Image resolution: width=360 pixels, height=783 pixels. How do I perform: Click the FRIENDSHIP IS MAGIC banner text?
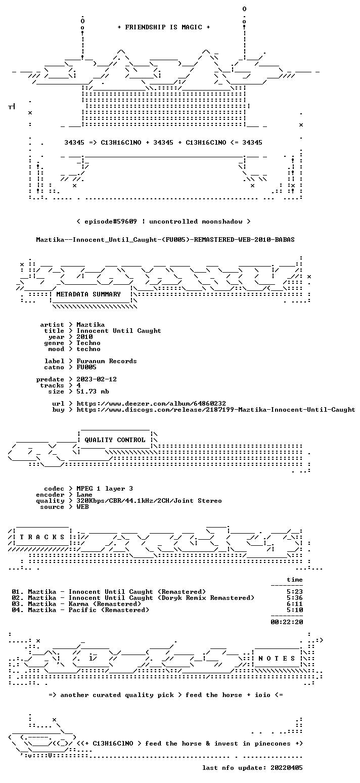click(x=164, y=27)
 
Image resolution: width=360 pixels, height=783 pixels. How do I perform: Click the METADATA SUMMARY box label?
click(x=88, y=294)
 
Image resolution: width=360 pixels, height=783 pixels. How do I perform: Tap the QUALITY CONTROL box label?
click(x=115, y=440)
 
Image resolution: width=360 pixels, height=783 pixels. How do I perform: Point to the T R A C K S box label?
click(x=42, y=537)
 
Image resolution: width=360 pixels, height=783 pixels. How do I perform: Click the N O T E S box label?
click(x=277, y=659)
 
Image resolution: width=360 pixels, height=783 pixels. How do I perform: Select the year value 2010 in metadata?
click(x=84, y=337)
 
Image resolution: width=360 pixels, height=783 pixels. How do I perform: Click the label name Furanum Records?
click(x=107, y=361)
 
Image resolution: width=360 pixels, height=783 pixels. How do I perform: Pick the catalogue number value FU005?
click(x=86, y=367)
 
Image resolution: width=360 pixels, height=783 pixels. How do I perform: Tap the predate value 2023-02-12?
click(x=97, y=379)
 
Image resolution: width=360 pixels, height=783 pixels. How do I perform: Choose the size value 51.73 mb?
click(x=93, y=391)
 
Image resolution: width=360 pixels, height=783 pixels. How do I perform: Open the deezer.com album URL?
click(x=151, y=404)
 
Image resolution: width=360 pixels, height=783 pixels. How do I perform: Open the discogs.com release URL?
click(x=216, y=410)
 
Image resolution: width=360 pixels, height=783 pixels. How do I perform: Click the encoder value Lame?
click(x=84, y=495)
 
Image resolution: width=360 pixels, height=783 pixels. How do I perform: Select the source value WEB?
click(x=82, y=507)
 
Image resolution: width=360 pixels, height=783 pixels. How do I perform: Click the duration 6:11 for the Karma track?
click(x=295, y=604)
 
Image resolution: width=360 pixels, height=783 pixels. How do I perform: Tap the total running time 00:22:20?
click(x=287, y=622)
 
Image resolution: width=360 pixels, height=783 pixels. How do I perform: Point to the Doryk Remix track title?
click(x=161, y=598)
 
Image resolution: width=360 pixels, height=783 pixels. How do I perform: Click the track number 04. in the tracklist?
click(x=18, y=610)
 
